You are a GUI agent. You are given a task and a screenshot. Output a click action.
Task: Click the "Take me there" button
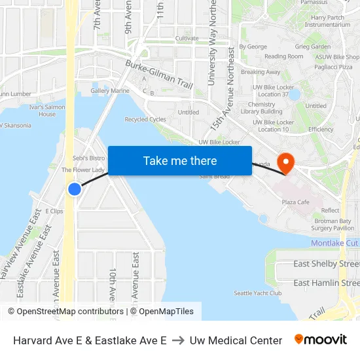[180, 161]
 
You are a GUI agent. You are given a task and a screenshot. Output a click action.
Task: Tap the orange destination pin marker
[286, 162]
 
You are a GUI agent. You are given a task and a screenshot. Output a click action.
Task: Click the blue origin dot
[75, 189]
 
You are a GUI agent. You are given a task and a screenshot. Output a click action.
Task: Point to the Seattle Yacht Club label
[258, 293]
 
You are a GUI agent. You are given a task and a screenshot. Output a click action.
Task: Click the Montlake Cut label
[334, 243]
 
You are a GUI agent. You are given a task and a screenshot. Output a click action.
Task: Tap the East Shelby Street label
[326, 264]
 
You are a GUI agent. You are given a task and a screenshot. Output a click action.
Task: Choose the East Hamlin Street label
[326, 283]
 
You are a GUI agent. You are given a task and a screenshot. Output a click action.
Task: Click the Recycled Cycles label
[145, 120]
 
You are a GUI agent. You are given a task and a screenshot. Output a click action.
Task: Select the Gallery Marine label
[110, 91]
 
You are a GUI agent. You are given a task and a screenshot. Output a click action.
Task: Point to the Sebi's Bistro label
[88, 158]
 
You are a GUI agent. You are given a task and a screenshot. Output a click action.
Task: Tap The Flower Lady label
[83, 170]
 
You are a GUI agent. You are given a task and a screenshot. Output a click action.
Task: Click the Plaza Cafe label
[295, 202]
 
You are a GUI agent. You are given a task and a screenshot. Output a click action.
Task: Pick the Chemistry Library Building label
[261, 108]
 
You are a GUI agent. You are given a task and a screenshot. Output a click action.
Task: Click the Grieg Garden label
[312, 47]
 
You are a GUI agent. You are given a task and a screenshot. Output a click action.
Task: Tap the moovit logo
[321, 340]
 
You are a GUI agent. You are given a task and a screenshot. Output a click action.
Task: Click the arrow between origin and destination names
[178, 340]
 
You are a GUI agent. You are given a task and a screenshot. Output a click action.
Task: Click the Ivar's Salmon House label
[47, 110]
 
